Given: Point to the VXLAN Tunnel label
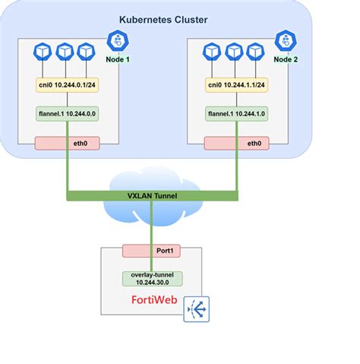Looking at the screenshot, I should [153, 195].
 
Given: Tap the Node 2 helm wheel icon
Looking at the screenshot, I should [286, 40].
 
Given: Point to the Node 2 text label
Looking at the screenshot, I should [286, 59].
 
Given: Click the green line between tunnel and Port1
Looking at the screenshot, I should [151, 223].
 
